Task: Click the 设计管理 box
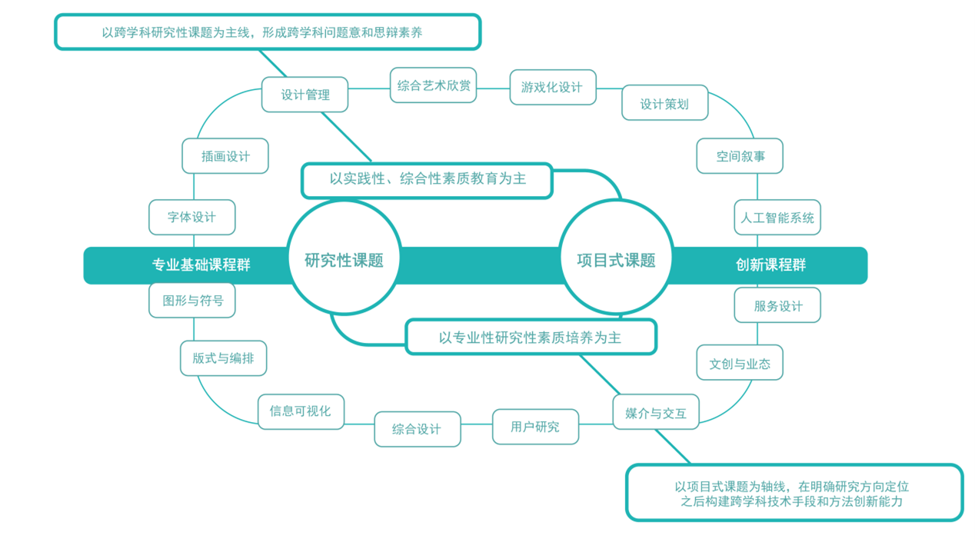pyautogui.click(x=304, y=95)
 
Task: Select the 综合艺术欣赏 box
pyautogui.click(x=433, y=85)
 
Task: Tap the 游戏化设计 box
pyautogui.click(x=552, y=87)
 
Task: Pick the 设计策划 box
pyautogui.click(x=664, y=103)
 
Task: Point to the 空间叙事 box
pyautogui.click(x=740, y=156)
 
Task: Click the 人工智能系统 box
pyautogui.click(x=777, y=218)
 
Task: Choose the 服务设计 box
pyautogui.click(x=777, y=305)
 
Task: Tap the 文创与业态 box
pyautogui.click(x=740, y=363)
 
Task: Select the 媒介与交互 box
pyautogui.click(x=656, y=412)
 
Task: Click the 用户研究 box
pyautogui.click(x=535, y=427)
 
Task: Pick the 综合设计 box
pyautogui.click(x=417, y=429)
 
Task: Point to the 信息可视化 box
pyautogui.click(x=301, y=411)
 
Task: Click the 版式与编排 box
pyautogui.click(x=223, y=358)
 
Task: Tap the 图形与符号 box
pyautogui.click(x=192, y=300)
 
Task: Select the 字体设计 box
pyautogui.click(x=191, y=218)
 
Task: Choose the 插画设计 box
pyautogui.click(x=225, y=156)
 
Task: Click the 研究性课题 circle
pyautogui.click(x=344, y=259)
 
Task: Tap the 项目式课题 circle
pyautogui.click(x=617, y=259)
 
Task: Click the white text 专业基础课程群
pyautogui.click(x=201, y=265)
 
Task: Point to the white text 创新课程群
pyautogui.click(x=771, y=265)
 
